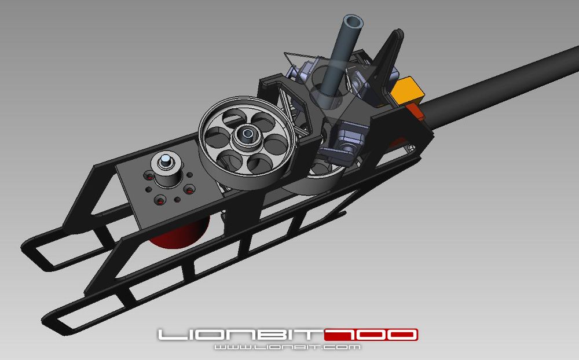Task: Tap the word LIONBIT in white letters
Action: (240, 335)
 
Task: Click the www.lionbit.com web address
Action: (287, 347)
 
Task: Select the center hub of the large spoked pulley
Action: (248, 137)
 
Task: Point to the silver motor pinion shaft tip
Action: (166, 159)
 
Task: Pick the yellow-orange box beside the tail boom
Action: (409, 89)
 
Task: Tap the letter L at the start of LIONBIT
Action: (168, 335)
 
